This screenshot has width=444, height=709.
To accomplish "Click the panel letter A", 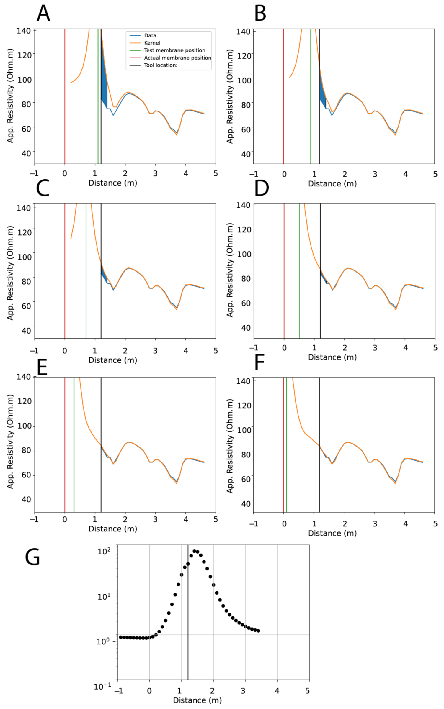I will tap(43, 14).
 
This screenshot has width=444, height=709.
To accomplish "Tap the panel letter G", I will tap(32, 557).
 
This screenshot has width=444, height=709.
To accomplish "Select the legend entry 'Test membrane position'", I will tap(174, 50).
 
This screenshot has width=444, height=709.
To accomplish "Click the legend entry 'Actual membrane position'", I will tap(177, 58).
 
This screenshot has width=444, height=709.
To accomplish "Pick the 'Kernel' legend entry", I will tap(152, 43).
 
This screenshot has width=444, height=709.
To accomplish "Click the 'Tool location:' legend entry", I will tap(161, 65).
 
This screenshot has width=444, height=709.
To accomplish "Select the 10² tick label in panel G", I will tap(104, 551).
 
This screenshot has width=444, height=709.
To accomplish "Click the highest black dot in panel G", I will tap(194, 551).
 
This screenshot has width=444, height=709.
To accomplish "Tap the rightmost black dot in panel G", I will tap(258, 631).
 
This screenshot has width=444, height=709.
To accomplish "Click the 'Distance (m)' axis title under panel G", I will tap(197, 700).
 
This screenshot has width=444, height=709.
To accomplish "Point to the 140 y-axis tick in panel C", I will tap(24, 208).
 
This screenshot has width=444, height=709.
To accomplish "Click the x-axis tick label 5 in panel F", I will tap(435, 524).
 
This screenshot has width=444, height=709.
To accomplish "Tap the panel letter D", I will tap(262, 189).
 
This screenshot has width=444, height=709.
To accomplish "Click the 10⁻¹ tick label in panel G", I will tap(102, 687).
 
